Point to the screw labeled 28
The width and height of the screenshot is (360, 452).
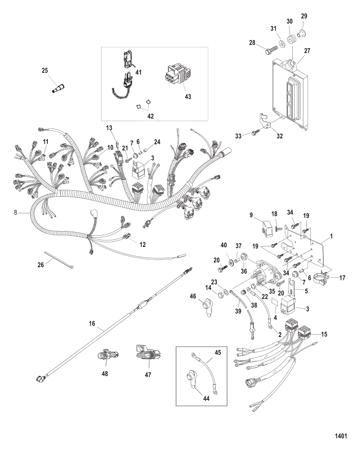click(270, 50)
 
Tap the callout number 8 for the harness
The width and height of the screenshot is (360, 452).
click(16, 213)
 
